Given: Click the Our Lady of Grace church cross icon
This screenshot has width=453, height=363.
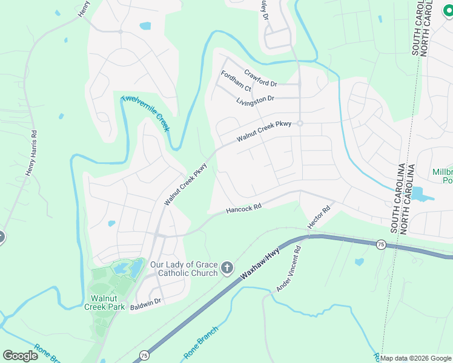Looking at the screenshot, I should (227, 268).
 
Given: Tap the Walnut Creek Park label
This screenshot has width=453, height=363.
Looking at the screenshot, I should (107, 302).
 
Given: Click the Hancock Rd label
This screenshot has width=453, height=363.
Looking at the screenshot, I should (243, 208).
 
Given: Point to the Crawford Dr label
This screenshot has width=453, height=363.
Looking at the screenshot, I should (260, 77).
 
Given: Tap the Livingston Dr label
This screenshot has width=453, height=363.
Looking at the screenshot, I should (255, 99).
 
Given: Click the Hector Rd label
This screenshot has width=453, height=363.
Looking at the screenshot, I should (319, 217).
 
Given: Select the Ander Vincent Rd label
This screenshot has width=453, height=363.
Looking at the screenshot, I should (289, 269).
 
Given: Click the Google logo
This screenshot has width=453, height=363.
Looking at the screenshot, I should (20, 356).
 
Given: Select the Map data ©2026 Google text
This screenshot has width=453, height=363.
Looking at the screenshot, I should (416, 358).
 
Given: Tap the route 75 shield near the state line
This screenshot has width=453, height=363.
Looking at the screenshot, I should (380, 244).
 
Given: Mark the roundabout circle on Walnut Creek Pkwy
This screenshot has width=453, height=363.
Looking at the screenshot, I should (299, 123).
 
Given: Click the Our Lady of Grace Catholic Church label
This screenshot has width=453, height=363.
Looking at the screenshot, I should (184, 269).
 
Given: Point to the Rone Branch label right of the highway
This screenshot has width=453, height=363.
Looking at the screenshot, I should (200, 342).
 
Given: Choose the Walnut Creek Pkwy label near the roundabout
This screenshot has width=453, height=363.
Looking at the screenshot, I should (264, 131).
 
